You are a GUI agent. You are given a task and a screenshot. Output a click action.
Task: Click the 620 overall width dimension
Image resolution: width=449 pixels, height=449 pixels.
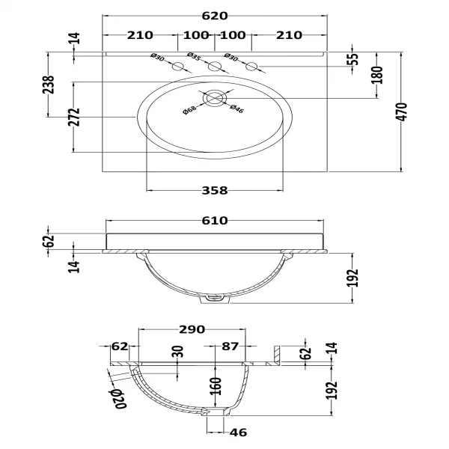(x=216, y=16)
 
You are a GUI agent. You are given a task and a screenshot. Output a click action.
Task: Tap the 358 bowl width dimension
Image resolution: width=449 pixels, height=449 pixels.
(x=214, y=191)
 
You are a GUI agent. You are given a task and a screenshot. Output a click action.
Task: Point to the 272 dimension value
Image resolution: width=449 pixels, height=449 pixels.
(x=73, y=117)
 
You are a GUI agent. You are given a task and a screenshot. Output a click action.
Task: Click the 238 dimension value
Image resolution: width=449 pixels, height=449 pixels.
(x=49, y=85)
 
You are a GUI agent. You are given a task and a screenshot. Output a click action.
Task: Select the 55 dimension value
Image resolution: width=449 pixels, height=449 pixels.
(x=354, y=59)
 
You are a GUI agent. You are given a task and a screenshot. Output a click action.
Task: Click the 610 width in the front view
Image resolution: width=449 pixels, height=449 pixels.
(x=215, y=222)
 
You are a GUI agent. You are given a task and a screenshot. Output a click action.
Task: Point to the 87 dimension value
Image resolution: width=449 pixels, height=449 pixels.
(x=230, y=346)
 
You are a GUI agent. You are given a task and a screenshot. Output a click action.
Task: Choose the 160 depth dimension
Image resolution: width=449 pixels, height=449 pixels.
(x=215, y=386)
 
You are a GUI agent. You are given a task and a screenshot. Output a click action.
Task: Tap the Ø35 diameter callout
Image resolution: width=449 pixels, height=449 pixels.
(x=194, y=57)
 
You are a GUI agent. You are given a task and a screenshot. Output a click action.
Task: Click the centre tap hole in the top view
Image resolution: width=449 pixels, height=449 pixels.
(x=215, y=67)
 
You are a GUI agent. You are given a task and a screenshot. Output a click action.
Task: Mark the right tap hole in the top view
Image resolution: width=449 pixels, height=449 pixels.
(x=251, y=67)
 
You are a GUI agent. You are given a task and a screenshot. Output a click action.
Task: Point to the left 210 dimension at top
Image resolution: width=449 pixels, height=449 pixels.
(x=140, y=35)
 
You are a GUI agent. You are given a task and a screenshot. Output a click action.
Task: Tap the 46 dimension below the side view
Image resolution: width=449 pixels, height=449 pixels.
(x=238, y=433)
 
